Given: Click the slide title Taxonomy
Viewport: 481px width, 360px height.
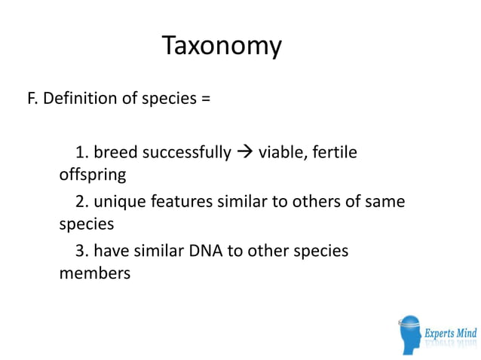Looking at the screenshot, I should point(222,47).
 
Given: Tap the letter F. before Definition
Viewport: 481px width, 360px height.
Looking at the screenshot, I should point(32,99).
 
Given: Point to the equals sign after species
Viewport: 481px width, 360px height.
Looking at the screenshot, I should point(206,99).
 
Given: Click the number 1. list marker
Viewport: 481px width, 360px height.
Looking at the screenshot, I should point(82,153).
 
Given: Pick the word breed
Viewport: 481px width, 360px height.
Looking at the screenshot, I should point(116,153).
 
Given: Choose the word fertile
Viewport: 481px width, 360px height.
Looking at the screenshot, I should point(335,153).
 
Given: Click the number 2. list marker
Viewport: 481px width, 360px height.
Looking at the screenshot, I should point(83,202).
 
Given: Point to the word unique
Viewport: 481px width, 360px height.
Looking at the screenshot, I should point(120,202).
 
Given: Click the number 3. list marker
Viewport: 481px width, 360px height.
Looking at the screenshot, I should point(83,250).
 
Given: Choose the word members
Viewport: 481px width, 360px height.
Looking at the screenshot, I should point(94,273).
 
